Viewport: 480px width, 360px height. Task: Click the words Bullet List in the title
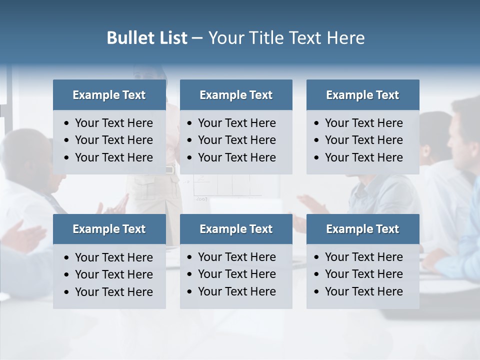pos(147,38)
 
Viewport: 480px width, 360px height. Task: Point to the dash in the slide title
pos(197,38)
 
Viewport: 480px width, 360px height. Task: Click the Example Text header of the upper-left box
pos(109,95)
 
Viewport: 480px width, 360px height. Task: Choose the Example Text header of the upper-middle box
pos(236,95)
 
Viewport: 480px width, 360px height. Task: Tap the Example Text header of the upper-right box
pos(362,95)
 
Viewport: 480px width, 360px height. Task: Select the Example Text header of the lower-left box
pos(109,229)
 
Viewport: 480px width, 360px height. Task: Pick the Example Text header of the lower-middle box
pos(236,229)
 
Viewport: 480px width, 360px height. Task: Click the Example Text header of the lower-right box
pos(362,229)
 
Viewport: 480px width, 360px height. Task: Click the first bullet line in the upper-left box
pos(114,123)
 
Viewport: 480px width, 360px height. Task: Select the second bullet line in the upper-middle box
pos(237,140)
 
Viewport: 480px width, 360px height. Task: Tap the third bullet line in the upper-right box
pos(364,157)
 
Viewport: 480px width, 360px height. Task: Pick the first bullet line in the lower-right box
pos(364,257)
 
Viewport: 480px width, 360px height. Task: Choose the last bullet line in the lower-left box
pos(114,292)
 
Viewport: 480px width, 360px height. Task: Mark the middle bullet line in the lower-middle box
pos(237,274)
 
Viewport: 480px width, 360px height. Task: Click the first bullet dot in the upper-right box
pos(317,123)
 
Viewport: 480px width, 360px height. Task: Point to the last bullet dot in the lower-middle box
pos(190,291)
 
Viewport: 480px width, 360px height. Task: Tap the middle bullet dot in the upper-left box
pos(67,140)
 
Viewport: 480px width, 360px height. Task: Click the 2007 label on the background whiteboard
pos(202,198)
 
